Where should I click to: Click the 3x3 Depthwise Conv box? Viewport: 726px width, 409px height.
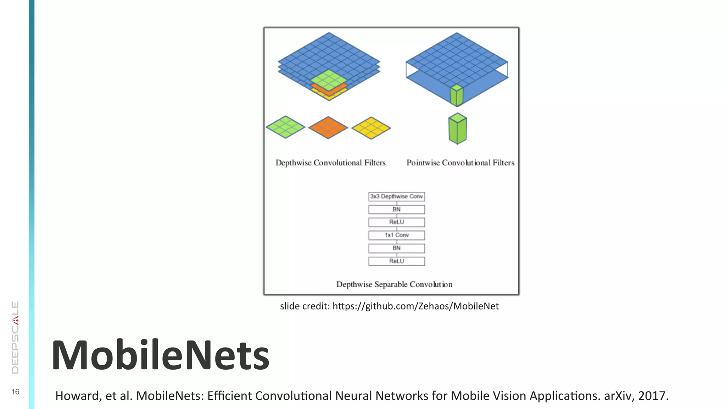click(x=396, y=196)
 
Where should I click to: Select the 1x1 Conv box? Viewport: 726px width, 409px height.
click(x=396, y=235)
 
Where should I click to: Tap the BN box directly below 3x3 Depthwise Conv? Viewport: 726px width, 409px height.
click(x=396, y=209)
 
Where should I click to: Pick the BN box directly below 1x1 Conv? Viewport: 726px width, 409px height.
click(x=396, y=248)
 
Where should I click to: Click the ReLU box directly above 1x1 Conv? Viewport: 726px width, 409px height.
click(x=396, y=222)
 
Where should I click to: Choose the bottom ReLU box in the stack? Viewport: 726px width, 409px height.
click(x=396, y=261)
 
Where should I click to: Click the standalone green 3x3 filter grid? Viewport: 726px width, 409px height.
click(x=285, y=127)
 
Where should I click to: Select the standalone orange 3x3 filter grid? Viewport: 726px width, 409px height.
click(x=328, y=127)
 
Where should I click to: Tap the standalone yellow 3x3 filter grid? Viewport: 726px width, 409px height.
click(x=371, y=128)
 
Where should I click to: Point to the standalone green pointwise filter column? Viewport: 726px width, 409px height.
click(x=457, y=129)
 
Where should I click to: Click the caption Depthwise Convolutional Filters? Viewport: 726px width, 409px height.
click(x=330, y=163)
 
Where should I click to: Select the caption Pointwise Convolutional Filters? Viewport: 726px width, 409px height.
click(x=460, y=163)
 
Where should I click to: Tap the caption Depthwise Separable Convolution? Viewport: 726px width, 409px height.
click(x=394, y=284)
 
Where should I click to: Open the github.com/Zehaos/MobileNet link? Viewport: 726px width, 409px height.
click(x=415, y=306)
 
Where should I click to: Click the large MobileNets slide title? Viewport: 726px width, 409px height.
click(x=161, y=355)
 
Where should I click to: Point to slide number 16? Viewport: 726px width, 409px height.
click(x=15, y=392)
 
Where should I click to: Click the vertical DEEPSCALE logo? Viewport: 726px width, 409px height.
click(x=15, y=337)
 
